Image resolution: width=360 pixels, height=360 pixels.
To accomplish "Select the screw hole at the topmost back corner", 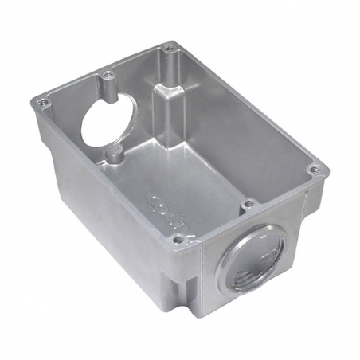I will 169,50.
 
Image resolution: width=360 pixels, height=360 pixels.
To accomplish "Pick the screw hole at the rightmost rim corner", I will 315,169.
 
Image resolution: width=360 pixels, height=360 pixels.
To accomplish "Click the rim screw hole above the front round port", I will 248,204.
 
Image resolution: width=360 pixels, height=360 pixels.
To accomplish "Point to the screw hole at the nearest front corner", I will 178,237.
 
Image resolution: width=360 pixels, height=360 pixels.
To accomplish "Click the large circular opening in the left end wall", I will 108,119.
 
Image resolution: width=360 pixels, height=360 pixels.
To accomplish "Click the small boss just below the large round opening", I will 116,157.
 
